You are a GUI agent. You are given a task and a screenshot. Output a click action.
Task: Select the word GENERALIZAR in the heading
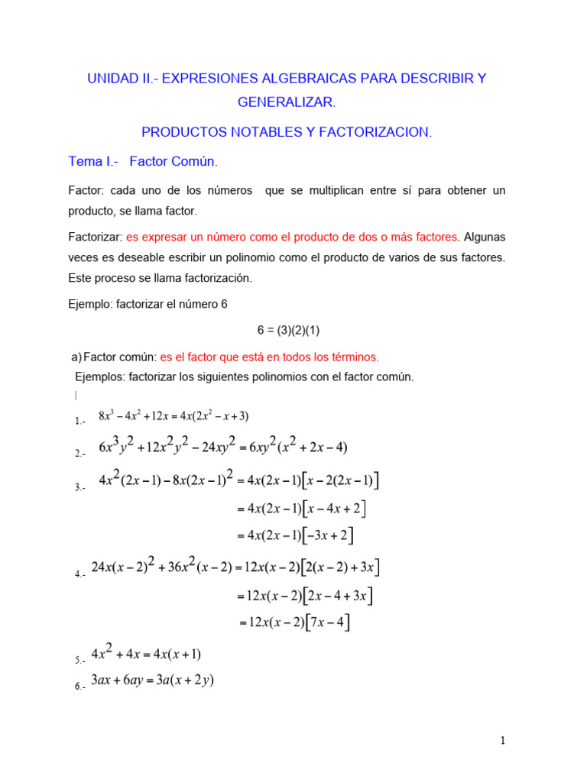pyautogui.click(x=287, y=102)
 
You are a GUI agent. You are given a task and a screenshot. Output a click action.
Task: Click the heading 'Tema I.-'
pyautogui.click(x=90, y=162)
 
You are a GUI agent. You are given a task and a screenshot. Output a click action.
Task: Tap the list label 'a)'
pyautogui.click(x=76, y=357)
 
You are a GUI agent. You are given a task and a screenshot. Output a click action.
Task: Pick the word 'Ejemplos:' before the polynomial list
pyautogui.click(x=100, y=376)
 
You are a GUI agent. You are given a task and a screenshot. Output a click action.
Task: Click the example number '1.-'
pyautogui.click(x=80, y=421)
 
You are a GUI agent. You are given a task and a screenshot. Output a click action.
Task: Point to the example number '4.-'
pyautogui.click(x=80, y=575)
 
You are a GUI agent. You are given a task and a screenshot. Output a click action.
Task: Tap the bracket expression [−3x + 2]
pyautogui.click(x=329, y=536)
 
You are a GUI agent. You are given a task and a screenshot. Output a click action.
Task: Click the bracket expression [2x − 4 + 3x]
pyautogui.click(x=338, y=596)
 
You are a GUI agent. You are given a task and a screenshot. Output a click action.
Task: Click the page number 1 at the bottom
pyautogui.click(x=502, y=740)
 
